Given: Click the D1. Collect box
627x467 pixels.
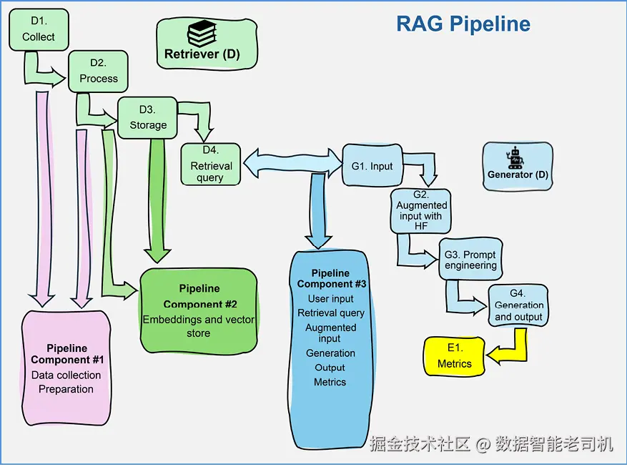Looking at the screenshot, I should [x=38, y=30].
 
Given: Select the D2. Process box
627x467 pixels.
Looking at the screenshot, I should [x=98, y=72].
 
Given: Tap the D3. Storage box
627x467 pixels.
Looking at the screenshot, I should [x=148, y=117].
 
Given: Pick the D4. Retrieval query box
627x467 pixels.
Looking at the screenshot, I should [x=210, y=165].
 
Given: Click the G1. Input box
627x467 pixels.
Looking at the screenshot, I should [x=372, y=166].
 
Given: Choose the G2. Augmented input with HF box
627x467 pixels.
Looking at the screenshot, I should [x=421, y=210].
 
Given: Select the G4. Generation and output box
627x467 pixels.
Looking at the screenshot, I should [x=519, y=305].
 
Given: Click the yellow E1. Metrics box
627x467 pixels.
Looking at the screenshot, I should [x=455, y=356].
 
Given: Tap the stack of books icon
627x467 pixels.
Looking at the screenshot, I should [x=202, y=34].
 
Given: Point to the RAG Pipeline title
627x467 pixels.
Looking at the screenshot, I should [x=463, y=24].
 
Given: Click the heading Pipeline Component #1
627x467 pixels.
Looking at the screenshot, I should [x=69, y=354].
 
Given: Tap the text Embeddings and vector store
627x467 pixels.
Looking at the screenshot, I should [x=199, y=326].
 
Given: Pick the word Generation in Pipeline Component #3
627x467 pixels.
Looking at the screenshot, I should [x=330, y=353].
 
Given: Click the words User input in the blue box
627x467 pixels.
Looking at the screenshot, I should [x=330, y=299].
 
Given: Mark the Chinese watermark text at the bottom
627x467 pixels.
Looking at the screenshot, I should [x=491, y=444].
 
